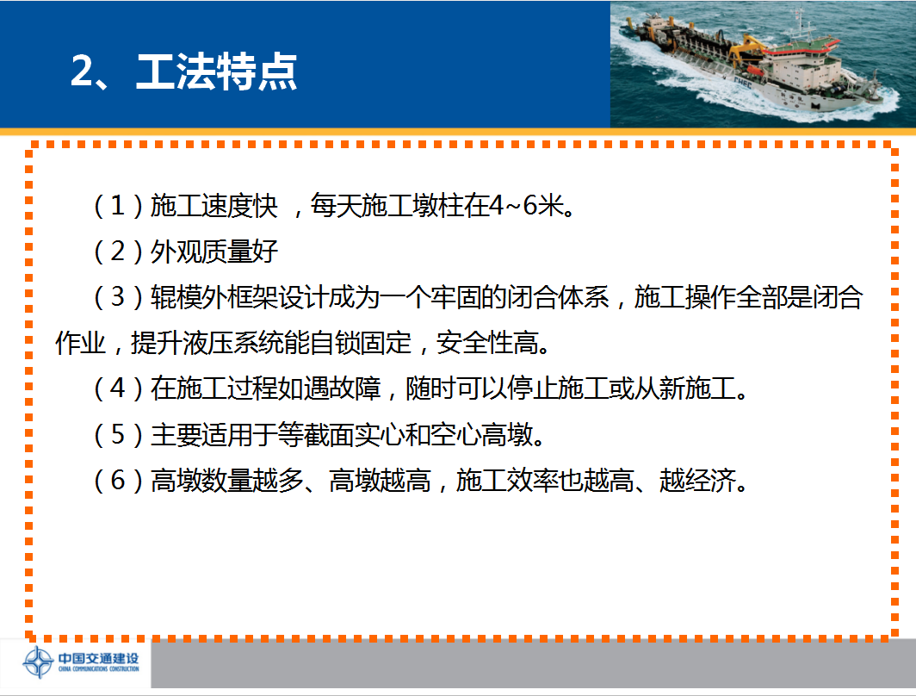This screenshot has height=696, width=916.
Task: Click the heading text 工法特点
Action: coord(217,71)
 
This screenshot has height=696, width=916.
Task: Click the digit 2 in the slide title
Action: coord(82,71)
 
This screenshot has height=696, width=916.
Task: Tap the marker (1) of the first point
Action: coord(118,205)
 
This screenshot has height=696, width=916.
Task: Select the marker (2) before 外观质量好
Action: coord(118,252)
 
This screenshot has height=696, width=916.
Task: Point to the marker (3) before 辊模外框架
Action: coord(118,297)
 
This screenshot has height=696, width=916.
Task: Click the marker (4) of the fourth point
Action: coord(118,388)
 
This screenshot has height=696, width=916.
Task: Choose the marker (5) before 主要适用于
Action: coord(118,434)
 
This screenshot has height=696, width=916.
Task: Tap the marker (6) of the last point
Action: coord(118,481)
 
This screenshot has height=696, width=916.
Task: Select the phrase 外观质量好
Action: coord(214,252)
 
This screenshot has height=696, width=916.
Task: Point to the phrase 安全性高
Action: coord(487,343)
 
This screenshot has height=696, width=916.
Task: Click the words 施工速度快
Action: coord(214,205)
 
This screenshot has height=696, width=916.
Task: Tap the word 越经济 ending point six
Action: coord(697,481)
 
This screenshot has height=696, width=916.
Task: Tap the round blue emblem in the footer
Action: coord(39,662)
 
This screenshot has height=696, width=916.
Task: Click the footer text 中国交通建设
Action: coord(98,658)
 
